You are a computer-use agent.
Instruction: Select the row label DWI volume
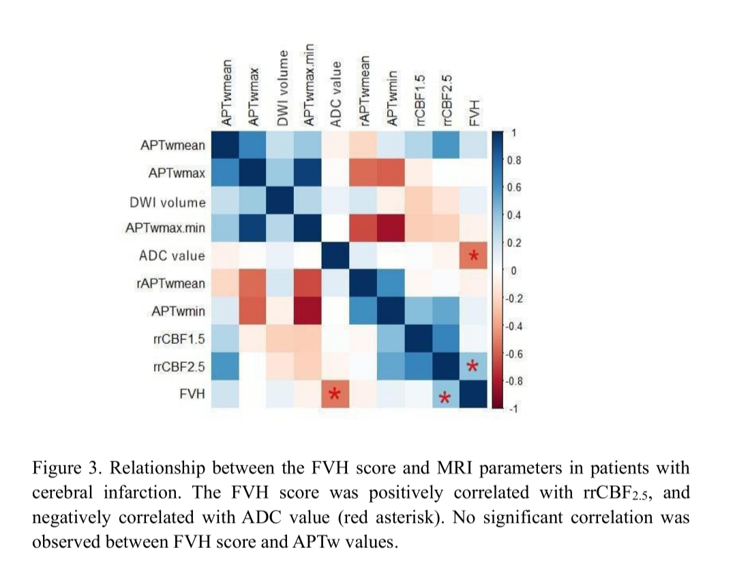tap(167, 202)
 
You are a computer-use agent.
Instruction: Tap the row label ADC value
tap(171, 256)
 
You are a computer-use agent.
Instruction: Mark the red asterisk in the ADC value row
tap(474, 257)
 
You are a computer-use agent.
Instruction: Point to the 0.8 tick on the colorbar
tap(514, 160)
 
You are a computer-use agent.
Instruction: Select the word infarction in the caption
tap(121, 493)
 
